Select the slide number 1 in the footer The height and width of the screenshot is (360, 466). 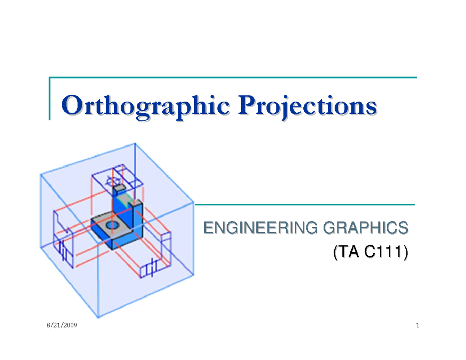click(417, 325)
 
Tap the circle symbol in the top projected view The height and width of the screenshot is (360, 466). click(113, 181)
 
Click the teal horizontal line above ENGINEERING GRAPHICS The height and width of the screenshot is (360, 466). click(305, 204)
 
